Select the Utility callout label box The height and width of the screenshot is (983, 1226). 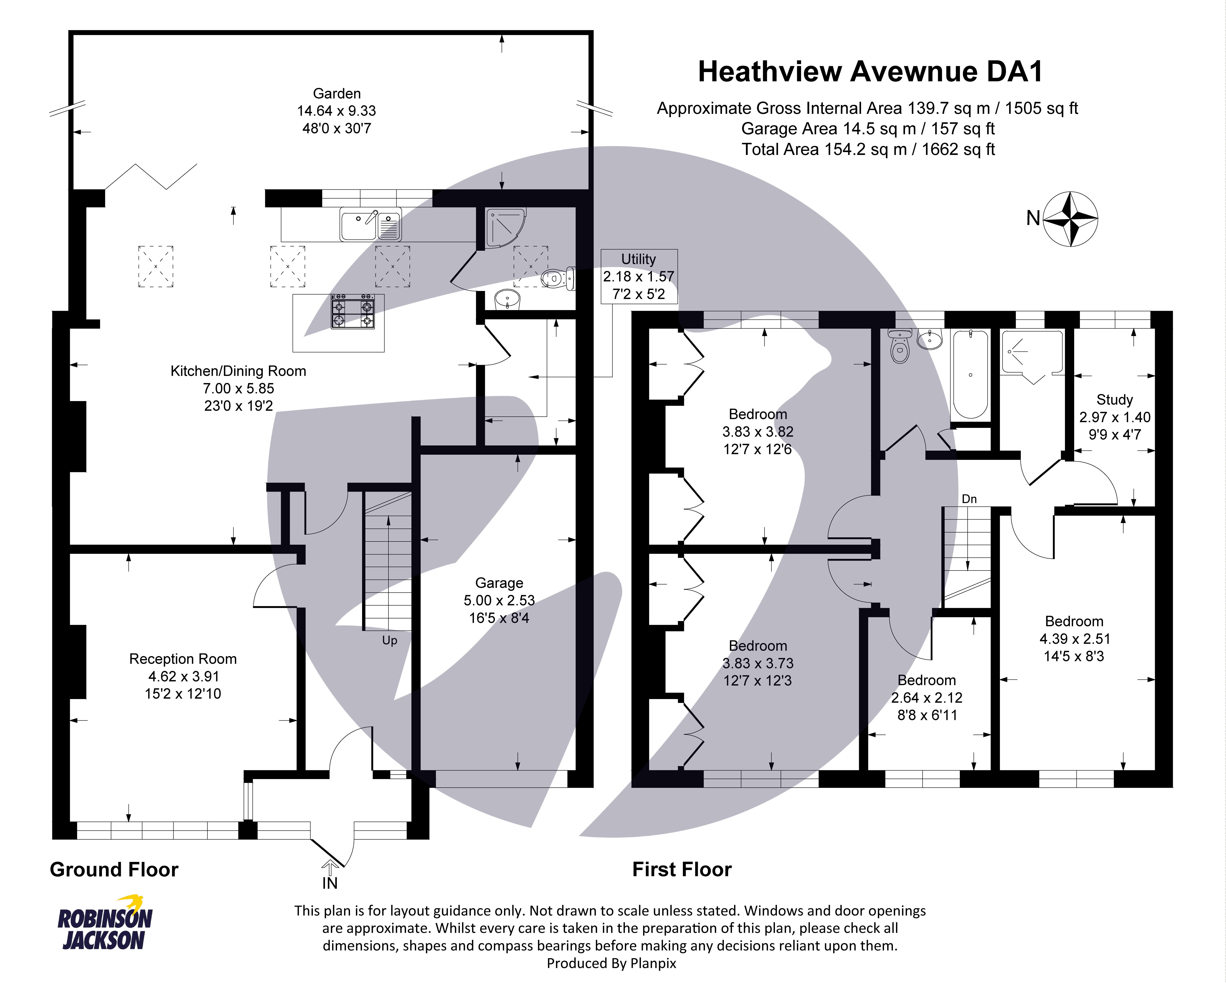click(638, 276)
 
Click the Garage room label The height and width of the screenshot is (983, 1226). click(499, 583)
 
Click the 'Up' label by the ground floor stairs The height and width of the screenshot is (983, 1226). click(390, 641)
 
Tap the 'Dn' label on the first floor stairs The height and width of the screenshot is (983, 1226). click(969, 499)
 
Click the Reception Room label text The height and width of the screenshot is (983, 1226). click(183, 659)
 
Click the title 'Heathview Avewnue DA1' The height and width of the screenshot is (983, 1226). click(870, 72)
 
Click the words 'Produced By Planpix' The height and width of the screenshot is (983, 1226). click(611, 963)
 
